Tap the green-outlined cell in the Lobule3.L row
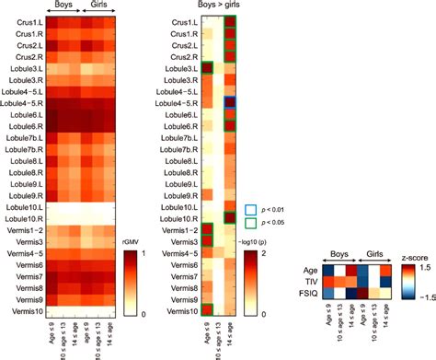[208, 68]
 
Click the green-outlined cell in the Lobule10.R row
[231, 217]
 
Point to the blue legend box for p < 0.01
[252, 210]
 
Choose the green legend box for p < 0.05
[252, 224]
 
